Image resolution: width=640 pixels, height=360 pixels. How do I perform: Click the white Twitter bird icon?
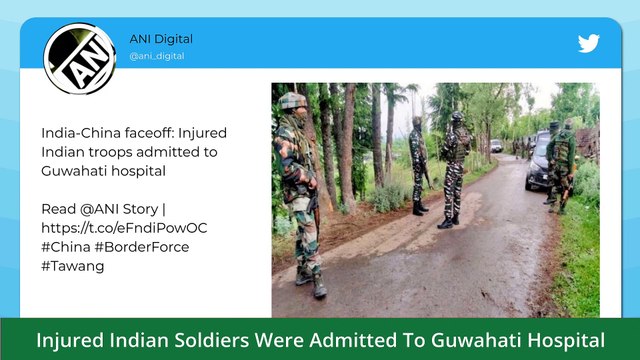tap(588, 44)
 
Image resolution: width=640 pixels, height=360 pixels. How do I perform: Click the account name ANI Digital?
tap(161, 39)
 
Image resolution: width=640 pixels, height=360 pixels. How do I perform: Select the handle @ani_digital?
tap(156, 56)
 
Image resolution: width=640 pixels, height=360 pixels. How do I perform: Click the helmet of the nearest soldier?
tap(293, 101)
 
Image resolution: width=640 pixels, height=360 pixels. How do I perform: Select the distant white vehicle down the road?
tap(496, 146)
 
